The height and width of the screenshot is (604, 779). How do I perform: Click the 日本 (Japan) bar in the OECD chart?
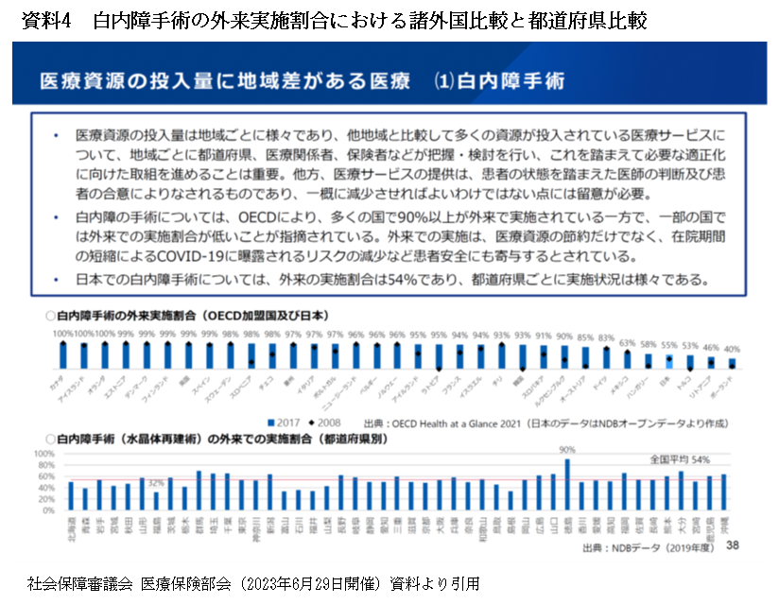669,361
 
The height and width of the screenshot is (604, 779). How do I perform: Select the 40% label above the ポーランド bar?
733,349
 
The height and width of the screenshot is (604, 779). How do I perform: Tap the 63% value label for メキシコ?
627,341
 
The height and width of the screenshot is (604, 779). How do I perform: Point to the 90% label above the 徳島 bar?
567,449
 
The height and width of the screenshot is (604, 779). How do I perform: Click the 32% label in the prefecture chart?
156,483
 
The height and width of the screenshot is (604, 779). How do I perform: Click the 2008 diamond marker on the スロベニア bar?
251,362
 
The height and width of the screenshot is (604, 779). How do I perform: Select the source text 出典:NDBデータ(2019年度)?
643,547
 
